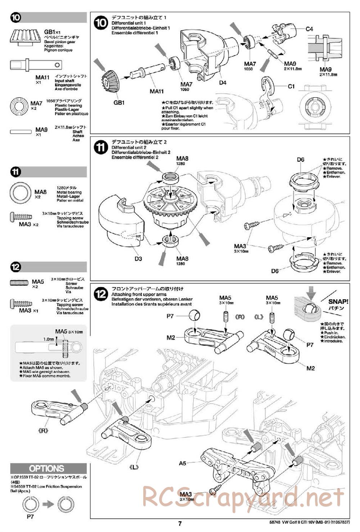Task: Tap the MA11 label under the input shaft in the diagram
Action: pos(157,91)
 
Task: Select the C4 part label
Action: pos(309,29)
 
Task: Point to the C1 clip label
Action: pos(291,86)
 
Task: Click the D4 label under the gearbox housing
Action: pos(222,82)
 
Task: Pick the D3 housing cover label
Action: pos(138,259)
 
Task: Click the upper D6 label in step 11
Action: pos(301,160)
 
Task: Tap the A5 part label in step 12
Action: pos(182,463)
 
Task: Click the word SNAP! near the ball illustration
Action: pos(338,301)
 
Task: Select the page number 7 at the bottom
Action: pos(180,524)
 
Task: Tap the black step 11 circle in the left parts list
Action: pos(16,172)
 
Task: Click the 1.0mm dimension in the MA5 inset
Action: pos(48,339)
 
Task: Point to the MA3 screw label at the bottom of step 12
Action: pos(186,494)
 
